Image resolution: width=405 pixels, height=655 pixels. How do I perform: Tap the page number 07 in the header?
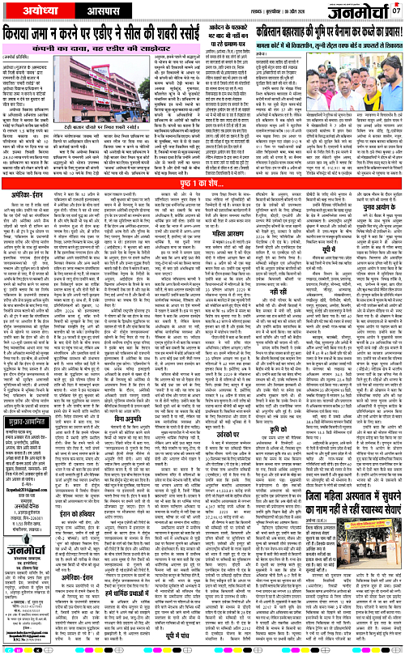click(x=396, y=11)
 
